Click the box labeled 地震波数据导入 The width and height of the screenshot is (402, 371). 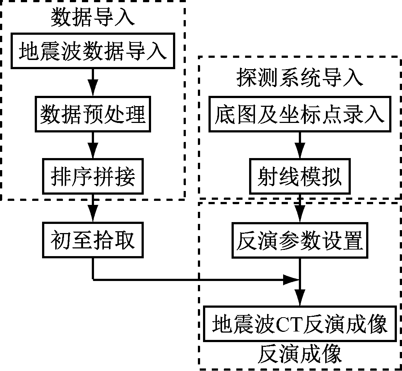93,51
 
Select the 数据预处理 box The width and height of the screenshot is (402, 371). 93,114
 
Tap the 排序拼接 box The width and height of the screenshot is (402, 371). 93,177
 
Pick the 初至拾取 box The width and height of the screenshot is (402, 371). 93,240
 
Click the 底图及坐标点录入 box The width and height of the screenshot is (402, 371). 300,114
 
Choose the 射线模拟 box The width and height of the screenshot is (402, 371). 300,177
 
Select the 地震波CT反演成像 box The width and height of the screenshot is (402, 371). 300,324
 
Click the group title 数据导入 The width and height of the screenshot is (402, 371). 93,17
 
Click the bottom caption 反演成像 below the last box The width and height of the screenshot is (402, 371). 300,354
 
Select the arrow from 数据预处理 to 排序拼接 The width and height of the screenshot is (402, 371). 93,145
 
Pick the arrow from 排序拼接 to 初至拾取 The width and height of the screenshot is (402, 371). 93,208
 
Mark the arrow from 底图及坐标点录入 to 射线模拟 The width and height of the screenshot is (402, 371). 300,145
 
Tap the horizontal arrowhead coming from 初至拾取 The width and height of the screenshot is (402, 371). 292,280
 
